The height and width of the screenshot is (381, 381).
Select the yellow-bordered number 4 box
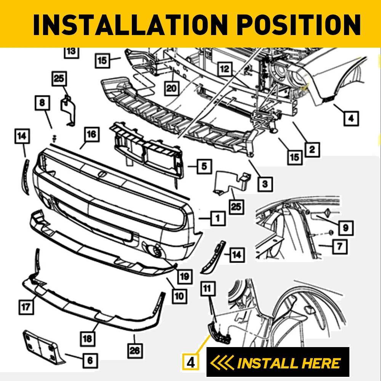click(x=191, y=361)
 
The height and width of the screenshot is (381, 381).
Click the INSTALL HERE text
click(x=288, y=363)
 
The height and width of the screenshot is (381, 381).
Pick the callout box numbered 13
click(x=71, y=52)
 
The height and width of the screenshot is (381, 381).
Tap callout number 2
click(x=312, y=149)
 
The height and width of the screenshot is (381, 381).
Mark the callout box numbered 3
click(x=265, y=184)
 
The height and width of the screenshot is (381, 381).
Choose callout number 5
click(x=204, y=166)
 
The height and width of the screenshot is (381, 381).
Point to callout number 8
click(x=42, y=102)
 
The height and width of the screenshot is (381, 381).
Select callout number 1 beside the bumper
click(x=217, y=218)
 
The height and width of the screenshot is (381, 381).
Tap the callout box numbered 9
click(x=346, y=227)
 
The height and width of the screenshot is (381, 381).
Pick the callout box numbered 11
click(x=207, y=289)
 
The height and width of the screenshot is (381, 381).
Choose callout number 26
click(x=135, y=349)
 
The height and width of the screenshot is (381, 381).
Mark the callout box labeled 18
click(x=88, y=338)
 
